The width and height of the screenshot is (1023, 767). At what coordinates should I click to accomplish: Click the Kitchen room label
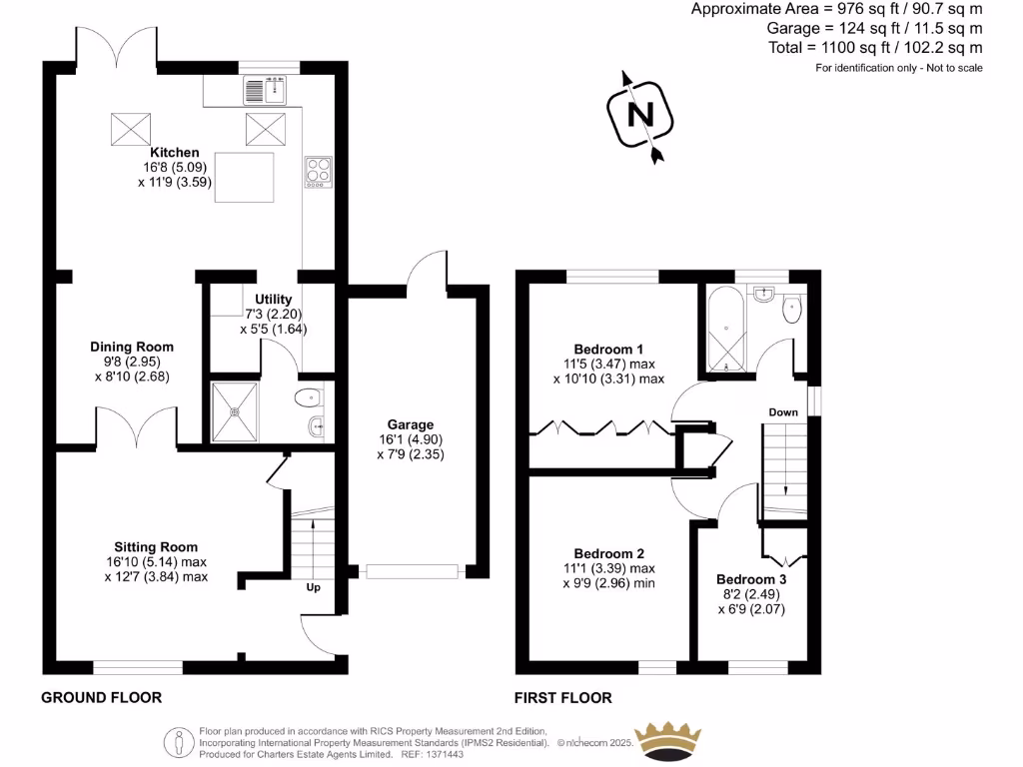coord(175,153)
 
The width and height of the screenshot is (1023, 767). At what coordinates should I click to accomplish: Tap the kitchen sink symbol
coord(265,91)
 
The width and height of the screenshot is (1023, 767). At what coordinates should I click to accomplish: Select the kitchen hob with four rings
coord(319,172)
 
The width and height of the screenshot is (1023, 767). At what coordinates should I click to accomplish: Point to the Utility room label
coord(273,300)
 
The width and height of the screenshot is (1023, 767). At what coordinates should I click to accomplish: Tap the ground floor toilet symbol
coord(311,399)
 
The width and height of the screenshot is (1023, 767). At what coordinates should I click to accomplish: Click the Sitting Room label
coord(156,547)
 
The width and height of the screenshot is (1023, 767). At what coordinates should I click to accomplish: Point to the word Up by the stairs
coord(313,587)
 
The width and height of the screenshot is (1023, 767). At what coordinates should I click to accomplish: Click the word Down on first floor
coord(783,411)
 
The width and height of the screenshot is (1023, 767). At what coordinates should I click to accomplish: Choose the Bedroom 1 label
coord(608,349)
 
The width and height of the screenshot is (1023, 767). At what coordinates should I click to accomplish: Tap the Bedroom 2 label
coord(608,554)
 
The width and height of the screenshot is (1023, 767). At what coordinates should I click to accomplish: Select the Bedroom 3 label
coord(751,580)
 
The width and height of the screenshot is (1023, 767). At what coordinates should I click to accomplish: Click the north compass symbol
coord(639,116)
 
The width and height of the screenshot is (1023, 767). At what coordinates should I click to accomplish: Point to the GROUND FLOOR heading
coord(101,697)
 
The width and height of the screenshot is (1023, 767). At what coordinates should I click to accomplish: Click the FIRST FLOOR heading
coord(562,697)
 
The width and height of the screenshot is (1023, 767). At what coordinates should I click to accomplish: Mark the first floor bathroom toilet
coord(792,308)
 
